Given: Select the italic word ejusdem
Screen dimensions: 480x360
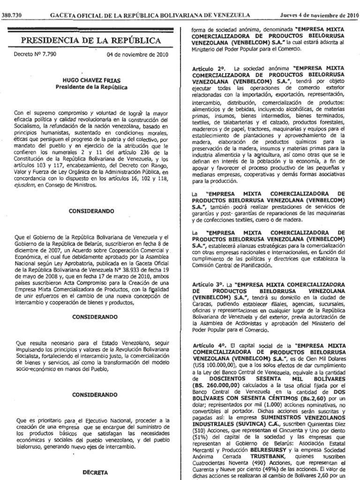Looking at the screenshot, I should (x=25, y=185).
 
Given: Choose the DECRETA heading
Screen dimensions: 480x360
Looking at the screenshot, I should (x=92, y=469).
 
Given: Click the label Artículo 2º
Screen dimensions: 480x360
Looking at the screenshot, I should (x=207, y=68).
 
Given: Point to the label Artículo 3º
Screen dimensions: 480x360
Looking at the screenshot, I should (x=207, y=285).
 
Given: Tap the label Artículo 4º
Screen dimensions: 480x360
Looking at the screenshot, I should (x=207, y=345).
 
